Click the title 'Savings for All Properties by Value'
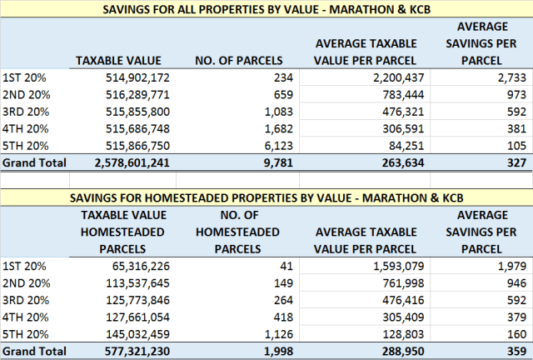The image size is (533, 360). tap(266, 9)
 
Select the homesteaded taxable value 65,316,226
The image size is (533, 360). tap(137, 266)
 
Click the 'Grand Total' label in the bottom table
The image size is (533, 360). tap(33, 352)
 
